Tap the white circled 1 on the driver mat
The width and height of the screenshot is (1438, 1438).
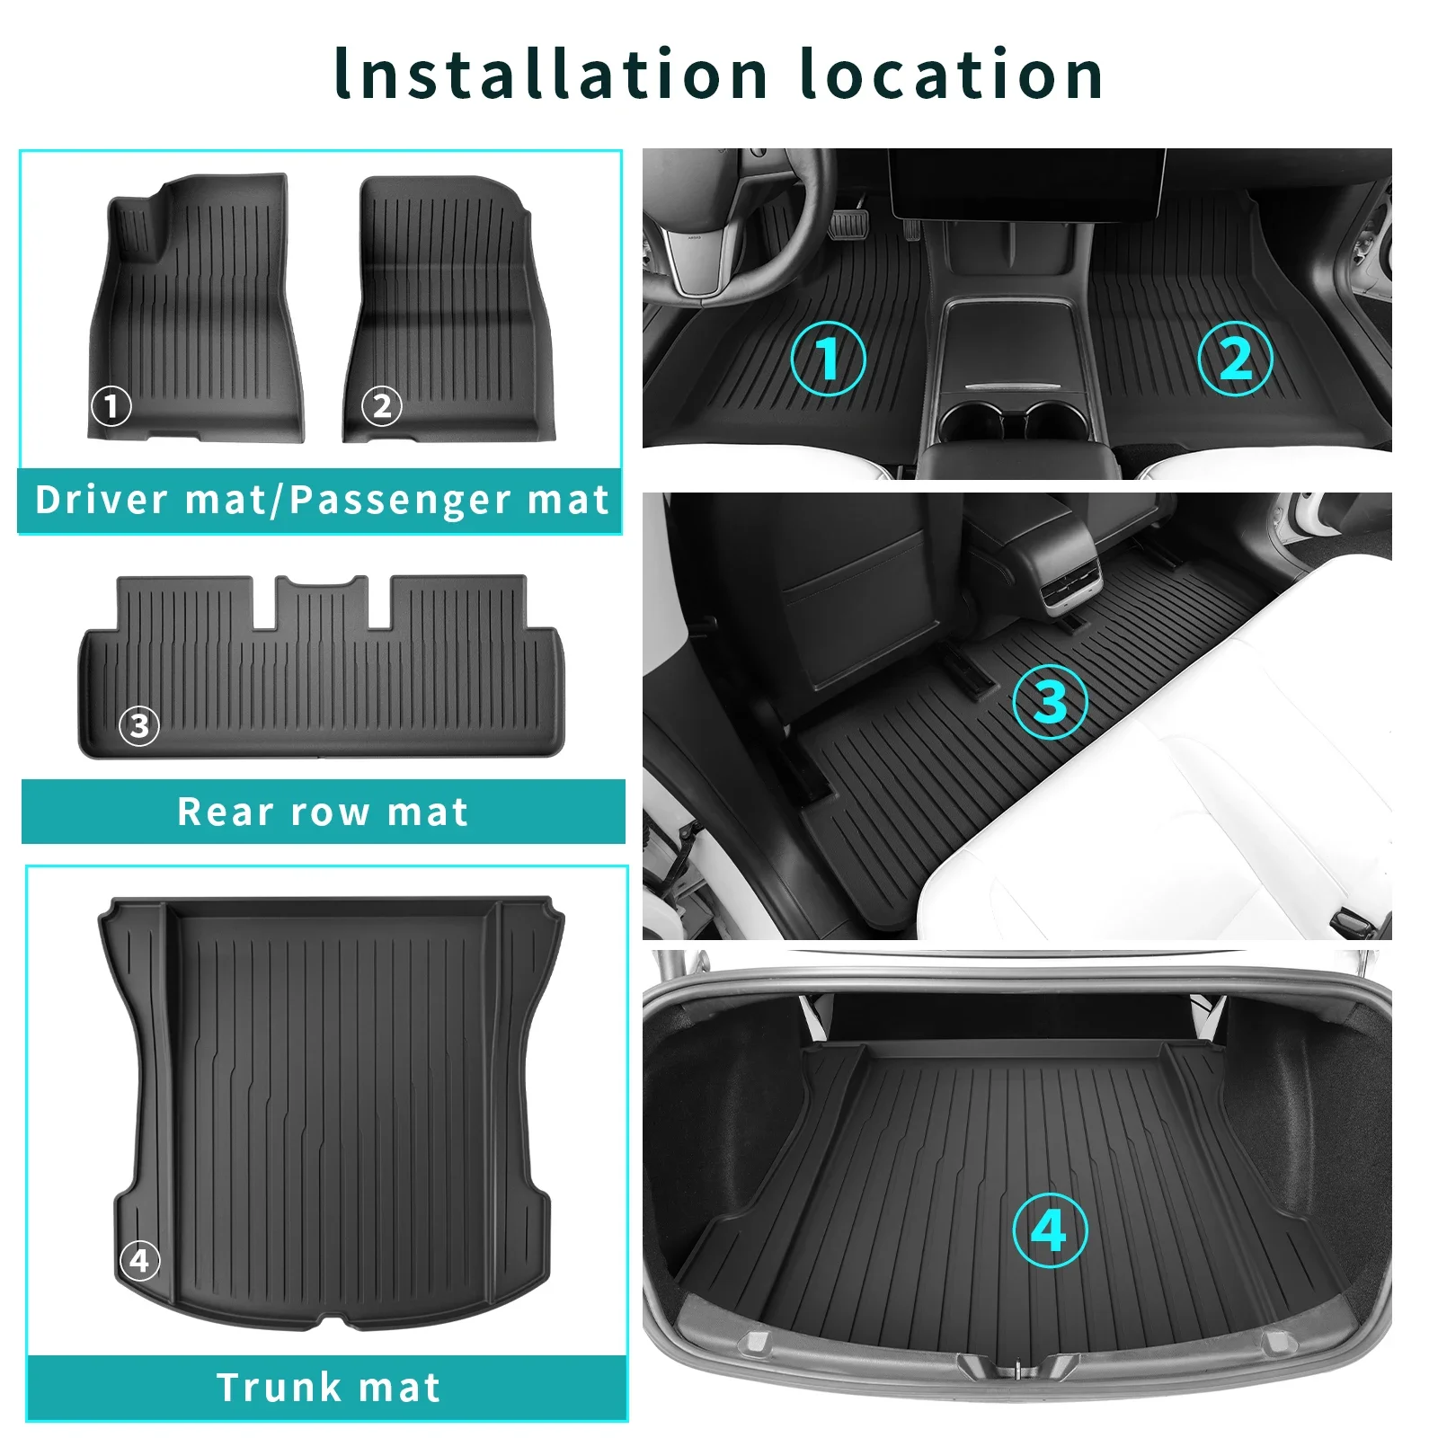[x=111, y=406]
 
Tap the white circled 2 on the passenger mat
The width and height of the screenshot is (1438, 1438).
[x=382, y=406]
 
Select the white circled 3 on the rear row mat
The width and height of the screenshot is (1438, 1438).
[x=139, y=725]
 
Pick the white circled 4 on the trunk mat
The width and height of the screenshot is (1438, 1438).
[x=139, y=1260]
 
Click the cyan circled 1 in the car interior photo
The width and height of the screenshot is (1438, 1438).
[x=828, y=358]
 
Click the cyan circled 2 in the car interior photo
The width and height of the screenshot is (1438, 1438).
[x=1236, y=358]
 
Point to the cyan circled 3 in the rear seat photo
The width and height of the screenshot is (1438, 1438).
[x=1050, y=702]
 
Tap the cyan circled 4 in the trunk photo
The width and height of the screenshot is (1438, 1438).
[x=1050, y=1229]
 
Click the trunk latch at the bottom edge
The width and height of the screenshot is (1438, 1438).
[x=1016, y=1370]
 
